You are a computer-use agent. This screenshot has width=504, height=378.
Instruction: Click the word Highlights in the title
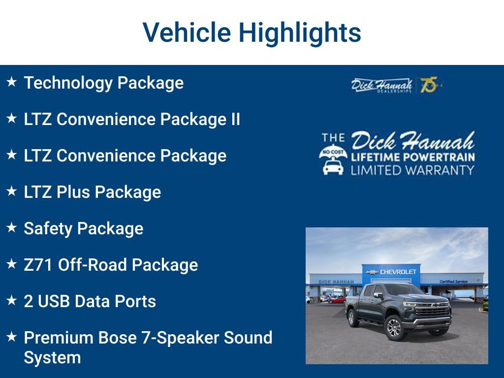(x=300, y=33)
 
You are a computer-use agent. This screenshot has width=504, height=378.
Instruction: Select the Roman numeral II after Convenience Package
(x=235, y=119)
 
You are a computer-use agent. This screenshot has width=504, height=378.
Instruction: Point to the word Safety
(x=48, y=229)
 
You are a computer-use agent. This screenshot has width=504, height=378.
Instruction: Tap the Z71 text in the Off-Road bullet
(x=38, y=265)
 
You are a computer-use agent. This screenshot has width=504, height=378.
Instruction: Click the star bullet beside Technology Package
(x=12, y=82)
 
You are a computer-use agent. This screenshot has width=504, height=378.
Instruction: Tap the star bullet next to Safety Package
(x=12, y=227)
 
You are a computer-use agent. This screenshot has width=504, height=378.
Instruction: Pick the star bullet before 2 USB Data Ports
(x=12, y=300)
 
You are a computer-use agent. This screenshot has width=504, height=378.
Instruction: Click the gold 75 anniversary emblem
(x=429, y=85)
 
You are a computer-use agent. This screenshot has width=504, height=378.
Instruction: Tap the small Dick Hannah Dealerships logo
(x=381, y=85)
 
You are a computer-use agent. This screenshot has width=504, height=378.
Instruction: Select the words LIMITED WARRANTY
(x=412, y=170)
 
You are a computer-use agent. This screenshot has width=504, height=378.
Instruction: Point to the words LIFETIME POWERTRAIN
(x=413, y=157)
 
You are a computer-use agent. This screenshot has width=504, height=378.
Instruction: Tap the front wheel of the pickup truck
(x=394, y=328)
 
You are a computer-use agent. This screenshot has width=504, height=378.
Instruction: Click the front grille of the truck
(x=433, y=310)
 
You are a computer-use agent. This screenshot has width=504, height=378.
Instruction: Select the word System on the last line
(x=52, y=358)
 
